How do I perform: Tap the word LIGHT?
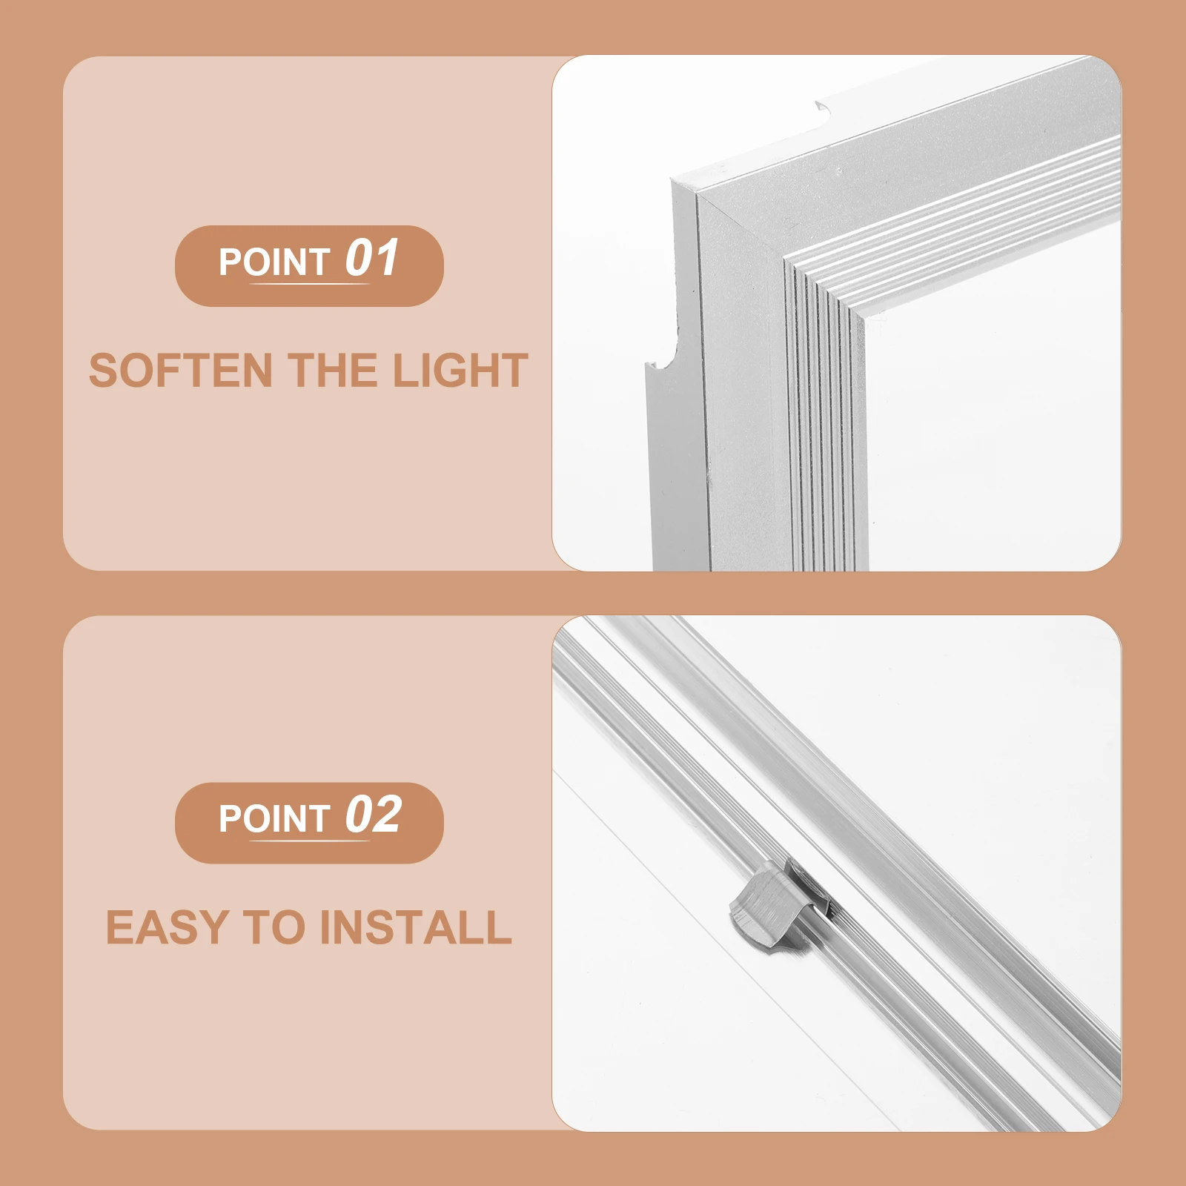tap(460, 371)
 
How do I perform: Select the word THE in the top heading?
tap(333, 371)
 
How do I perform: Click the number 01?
tap(372, 258)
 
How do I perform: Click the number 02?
tap(374, 815)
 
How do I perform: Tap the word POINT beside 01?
tap(274, 262)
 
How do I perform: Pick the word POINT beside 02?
tap(274, 819)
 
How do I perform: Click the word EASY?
tap(168, 927)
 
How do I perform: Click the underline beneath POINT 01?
tap(309, 284)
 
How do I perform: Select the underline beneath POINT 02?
tap(309, 841)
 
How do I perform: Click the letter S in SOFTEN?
tap(102, 371)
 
